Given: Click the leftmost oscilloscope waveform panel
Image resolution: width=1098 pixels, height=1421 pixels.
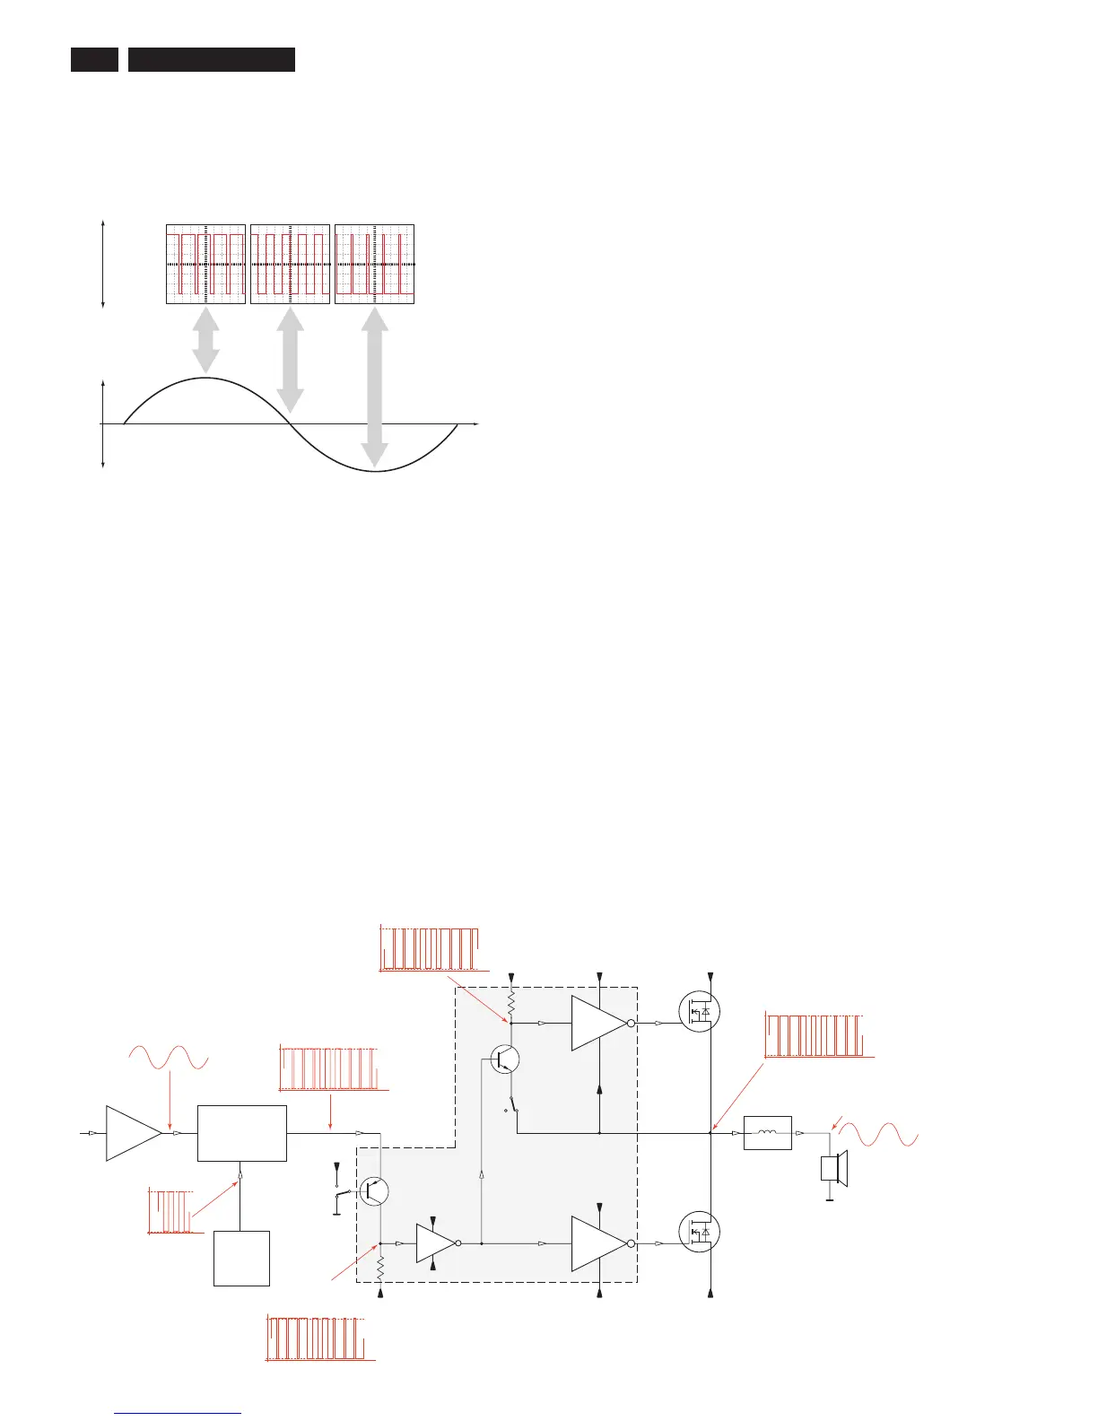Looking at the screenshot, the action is pos(205,265).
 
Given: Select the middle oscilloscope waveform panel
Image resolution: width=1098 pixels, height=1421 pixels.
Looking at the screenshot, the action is pos(290,265).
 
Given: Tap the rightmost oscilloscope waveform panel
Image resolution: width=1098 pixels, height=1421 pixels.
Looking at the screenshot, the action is pos(374,265).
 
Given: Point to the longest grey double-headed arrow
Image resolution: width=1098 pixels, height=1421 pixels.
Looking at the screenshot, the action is pos(374,387).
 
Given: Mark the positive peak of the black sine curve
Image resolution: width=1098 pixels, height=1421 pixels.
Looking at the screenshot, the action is pos(205,379).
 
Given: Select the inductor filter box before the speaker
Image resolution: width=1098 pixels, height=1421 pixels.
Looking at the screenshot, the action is pos(768,1133).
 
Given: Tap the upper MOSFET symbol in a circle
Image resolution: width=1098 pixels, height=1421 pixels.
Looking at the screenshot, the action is pos(699,1011).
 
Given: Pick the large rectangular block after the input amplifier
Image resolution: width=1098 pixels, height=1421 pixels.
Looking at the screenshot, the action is pos(241,1133).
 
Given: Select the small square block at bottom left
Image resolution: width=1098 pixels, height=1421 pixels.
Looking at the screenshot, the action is pos(241,1258).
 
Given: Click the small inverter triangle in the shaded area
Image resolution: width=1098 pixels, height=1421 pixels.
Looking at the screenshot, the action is pos(436,1243).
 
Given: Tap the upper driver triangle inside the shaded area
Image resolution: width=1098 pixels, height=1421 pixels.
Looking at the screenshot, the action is pos(598,1023).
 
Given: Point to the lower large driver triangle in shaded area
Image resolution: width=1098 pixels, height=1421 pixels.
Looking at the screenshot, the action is pos(598,1243).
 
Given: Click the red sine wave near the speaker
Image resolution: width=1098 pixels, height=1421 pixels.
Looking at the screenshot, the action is pos(884,1134).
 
